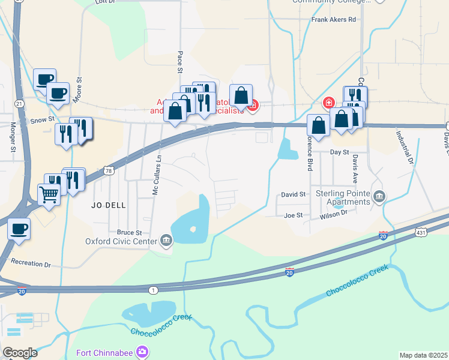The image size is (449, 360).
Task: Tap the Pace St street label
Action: point(179,62)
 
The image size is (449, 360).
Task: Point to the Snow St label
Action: point(41,119)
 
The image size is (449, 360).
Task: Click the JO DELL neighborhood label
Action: point(109,205)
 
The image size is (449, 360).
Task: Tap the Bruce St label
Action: point(129,232)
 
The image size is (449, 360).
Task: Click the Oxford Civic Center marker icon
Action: point(166,241)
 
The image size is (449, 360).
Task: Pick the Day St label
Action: point(340,152)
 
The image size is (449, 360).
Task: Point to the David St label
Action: point(294,194)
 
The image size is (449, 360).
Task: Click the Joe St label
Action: point(293,215)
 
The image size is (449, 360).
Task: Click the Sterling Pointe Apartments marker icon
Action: point(379,196)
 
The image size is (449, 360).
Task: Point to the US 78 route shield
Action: point(108,170)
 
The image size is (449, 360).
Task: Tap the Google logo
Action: point(20,353)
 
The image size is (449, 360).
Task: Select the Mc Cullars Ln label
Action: point(157,175)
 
